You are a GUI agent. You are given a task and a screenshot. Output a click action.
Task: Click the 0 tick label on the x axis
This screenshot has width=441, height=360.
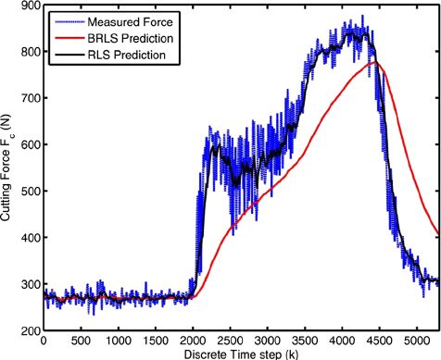pyautogui.click(x=44, y=341)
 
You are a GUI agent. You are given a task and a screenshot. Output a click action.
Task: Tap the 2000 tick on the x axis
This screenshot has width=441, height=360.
pyautogui.click(x=193, y=341)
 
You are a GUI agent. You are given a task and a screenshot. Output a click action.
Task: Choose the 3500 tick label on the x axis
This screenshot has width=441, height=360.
pyautogui.click(x=305, y=341)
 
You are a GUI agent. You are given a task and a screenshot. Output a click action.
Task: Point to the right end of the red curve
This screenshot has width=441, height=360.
pyautogui.click(x=438, y=234)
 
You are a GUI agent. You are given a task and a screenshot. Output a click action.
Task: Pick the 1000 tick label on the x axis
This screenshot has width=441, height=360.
pyautogui.click(x=118, y=341)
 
